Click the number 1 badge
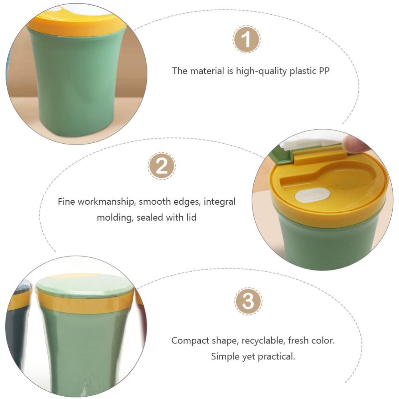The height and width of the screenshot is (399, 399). (x=247, y=40)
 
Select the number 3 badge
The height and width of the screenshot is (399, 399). (x=248, y=301)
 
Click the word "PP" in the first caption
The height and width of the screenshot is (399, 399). (x=324, y=71)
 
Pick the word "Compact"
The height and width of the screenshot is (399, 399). (x=190, y=341)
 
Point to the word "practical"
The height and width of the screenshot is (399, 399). (x=272, y=356)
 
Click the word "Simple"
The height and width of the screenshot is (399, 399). (x=225, y=356)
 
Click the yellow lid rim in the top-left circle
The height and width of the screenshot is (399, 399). (x=76, y=26)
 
